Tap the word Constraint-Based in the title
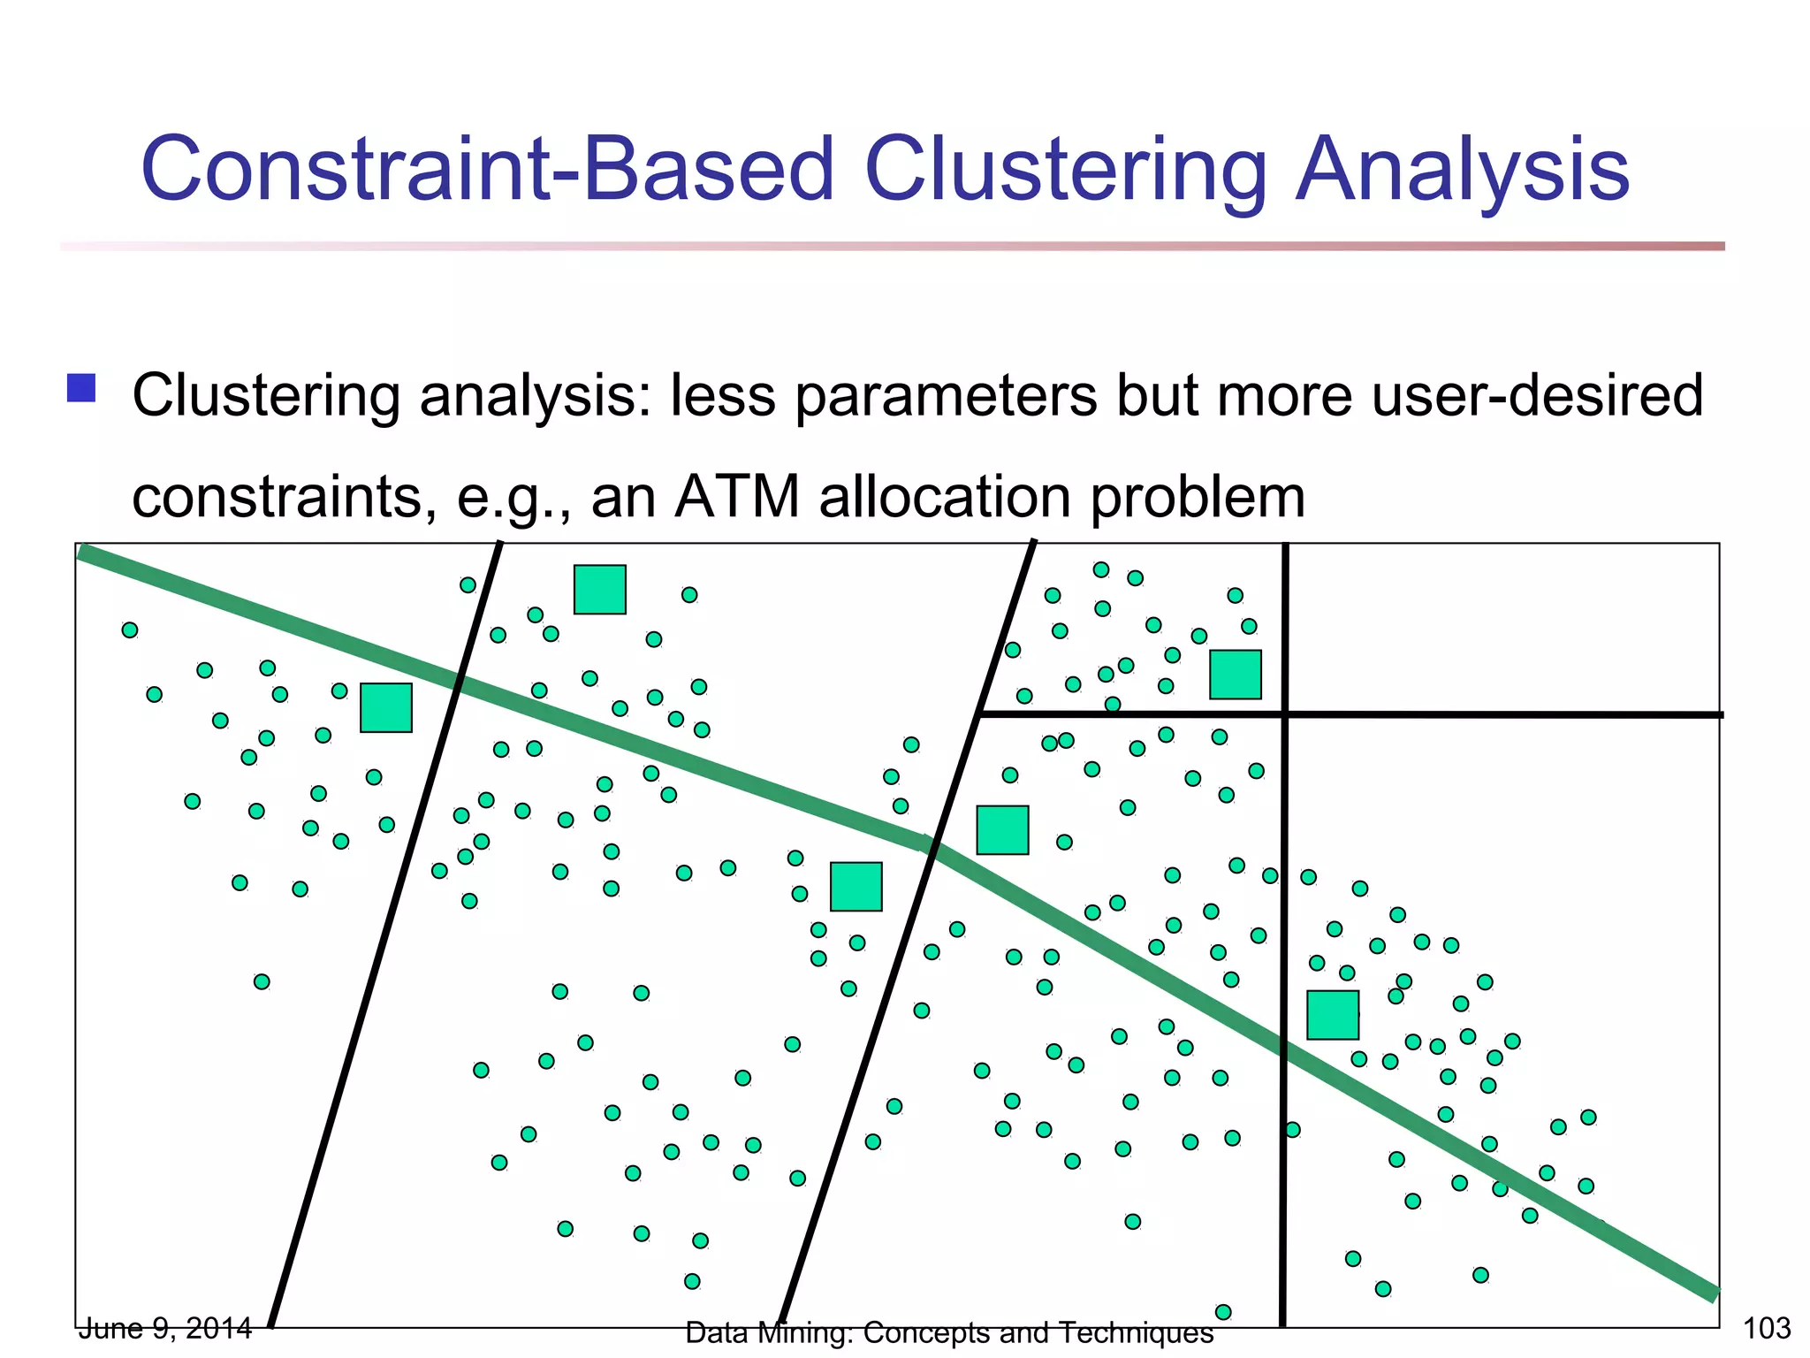487,170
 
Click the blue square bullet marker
81,388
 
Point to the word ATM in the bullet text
737,497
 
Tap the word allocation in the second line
946,497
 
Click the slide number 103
1766,1328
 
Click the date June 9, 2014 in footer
165,1328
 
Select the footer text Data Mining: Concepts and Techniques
948,1332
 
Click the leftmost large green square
386,707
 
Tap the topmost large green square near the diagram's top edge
600,590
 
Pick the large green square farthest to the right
1332,1015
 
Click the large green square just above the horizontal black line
1235,675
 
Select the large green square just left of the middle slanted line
856,887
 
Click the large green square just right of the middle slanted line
1002,830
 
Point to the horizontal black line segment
1502,713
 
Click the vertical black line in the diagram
1284,1149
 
